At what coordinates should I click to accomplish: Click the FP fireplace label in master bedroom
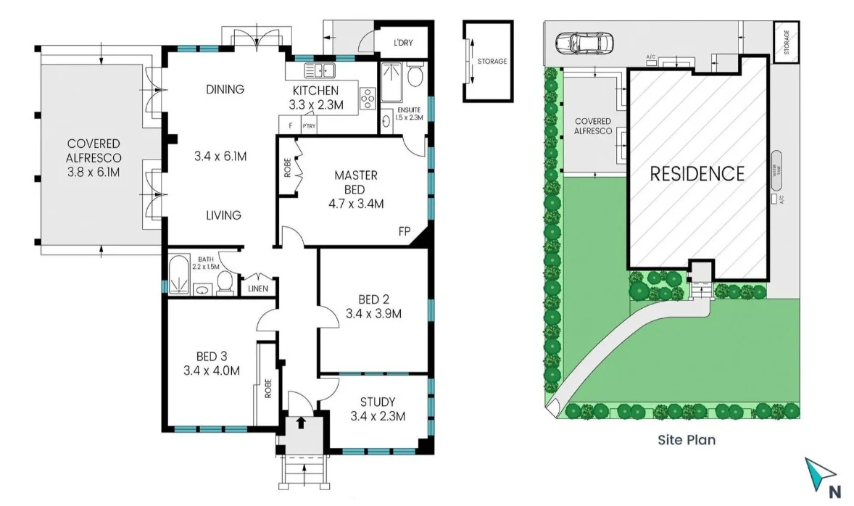pyautogui.click(x=404, y=232)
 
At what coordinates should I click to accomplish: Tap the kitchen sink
pyautogui.click(x=319, y=71)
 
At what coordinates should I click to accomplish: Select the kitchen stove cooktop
pyautogui.click(x=366, y=96)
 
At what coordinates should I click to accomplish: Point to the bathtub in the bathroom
pyautogui.click(x=175, y=277)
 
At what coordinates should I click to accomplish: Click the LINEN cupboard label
pyautogui.click(x=257, y=289)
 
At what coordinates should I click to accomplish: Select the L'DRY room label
pyautogui.click(x=403, y=43)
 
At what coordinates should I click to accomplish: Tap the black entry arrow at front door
pyautogui.click(x=302, y=421)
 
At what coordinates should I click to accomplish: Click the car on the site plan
pyautogui.click(x=584, y=43)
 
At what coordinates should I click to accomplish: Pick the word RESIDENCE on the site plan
pyautogui.click(x=697, y=174)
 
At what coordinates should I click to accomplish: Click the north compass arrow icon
pyautogui.click(x=819, y=473)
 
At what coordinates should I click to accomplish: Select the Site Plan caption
pyautogui.click(x=687, y=439)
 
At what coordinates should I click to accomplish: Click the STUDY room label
pyautogui.click(x=377, y=402)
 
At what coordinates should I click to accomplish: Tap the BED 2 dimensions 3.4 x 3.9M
pyautogui.click(x=373, y=314)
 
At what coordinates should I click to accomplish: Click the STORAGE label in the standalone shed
pyautogui.click(x=492, y=62)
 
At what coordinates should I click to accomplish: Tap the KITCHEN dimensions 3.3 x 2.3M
pyautogui.click(x=315, y=105)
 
